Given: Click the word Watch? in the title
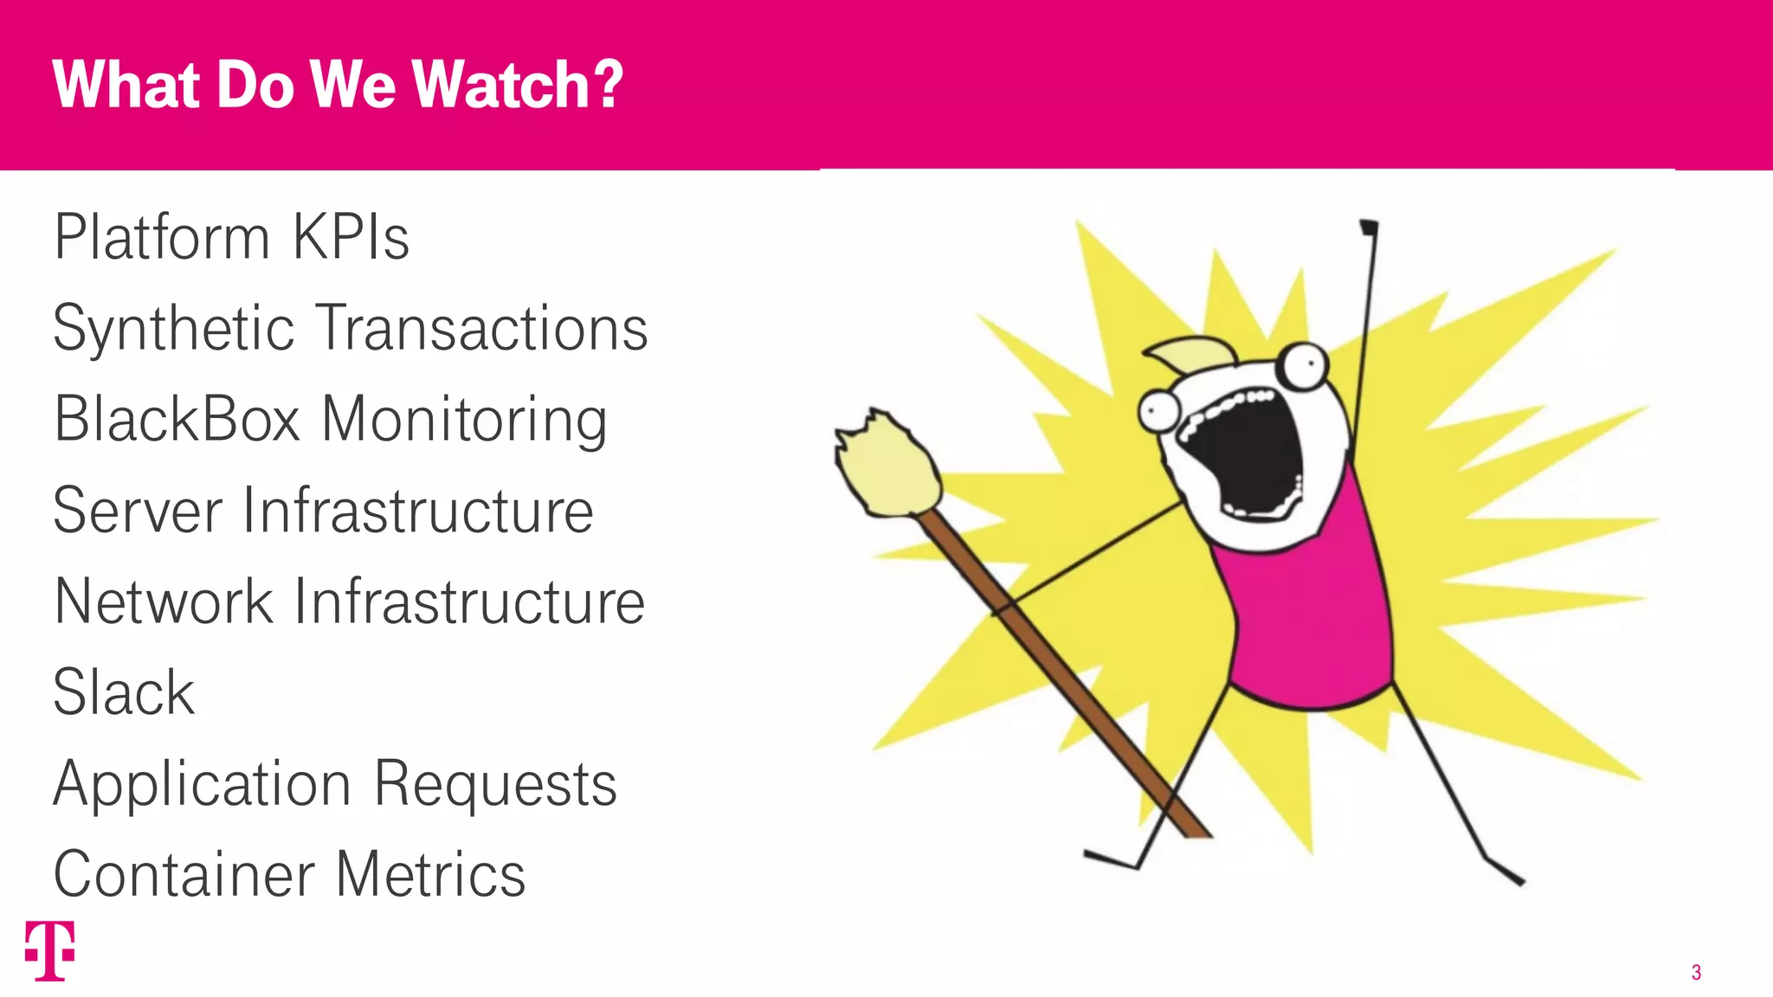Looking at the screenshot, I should click(x=517, y=85).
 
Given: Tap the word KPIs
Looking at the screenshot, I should click(x=351, y=237).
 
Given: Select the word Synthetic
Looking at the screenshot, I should click(x=174, y=329).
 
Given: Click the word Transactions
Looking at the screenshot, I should click(x=481, y=329).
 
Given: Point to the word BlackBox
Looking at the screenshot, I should click(x=177, y=420).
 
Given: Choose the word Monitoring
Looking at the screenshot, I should click(x=464, y=421).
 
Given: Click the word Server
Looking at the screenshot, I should click(x=138, y=511).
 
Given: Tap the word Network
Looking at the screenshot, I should click(x=164, y=601).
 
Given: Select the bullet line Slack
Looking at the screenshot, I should click(x=124, y=692).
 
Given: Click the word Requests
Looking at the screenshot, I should click(x=495, y=785).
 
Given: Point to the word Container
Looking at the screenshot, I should click(x=183, y=875).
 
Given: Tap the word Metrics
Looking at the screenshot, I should click(x=430, y=875).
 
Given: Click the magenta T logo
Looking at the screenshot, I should click(x=49, y=950).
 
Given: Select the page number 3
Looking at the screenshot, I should click(x=1696, y=973).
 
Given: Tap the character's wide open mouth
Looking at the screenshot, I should click(x=1247, y=454).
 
